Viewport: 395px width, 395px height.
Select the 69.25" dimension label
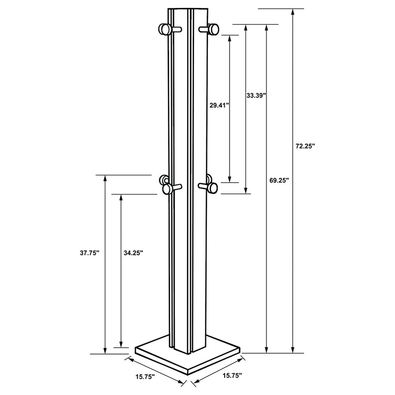point(279,181)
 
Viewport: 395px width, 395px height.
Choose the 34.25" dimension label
point(133,252)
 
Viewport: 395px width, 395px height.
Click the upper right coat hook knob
point(213,30)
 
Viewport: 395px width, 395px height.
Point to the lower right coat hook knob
point(213,186)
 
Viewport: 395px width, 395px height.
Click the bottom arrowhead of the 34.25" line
point(121,344)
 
